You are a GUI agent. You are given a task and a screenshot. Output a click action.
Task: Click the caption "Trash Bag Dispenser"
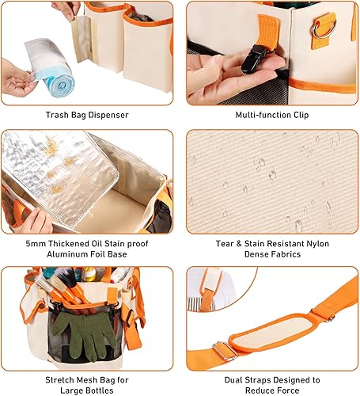pos(88,116)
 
